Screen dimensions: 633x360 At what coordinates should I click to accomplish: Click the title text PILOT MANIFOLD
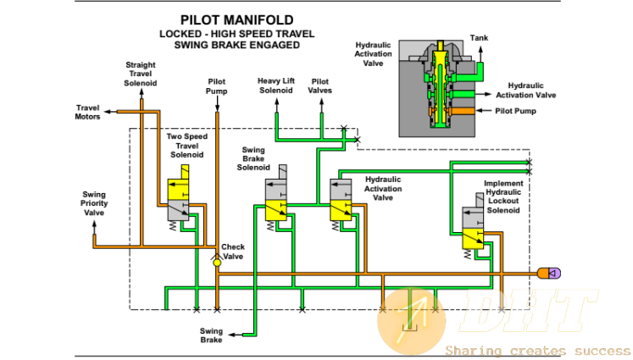(x=236, y=19)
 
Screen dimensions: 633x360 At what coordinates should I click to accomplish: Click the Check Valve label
(x=232, y=252)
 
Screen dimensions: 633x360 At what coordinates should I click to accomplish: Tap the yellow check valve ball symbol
(x=217, y=263)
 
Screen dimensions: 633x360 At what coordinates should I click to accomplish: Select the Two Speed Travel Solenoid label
(x=187, y=146)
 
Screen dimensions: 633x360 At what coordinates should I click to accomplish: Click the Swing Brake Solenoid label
(x=253, y=158)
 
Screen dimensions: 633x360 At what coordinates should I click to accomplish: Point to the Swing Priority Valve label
(x=94, y=203)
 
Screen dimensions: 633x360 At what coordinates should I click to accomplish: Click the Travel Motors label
(x=87, y=112)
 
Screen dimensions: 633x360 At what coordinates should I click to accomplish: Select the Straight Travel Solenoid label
(x=140, y=74)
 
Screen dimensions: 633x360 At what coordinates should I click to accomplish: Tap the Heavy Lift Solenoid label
(x=276, y=86)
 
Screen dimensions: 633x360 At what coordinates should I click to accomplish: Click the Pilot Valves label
(x=319, y=86)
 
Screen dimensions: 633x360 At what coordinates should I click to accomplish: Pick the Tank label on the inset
(x=479, y=38)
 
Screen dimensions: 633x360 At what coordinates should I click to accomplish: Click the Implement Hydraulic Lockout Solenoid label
(x=503, y=197)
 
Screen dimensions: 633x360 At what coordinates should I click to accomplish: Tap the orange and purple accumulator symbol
(x=549, y=274)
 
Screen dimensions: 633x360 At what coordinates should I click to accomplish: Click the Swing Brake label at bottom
(x=211, y=335)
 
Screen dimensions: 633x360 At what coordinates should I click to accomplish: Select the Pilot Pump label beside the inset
(x=515, y=111)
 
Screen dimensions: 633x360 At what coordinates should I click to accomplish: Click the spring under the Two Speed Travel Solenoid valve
(x=173, y=225)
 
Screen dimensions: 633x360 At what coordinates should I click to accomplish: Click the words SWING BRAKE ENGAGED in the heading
(x=237, y=45)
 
